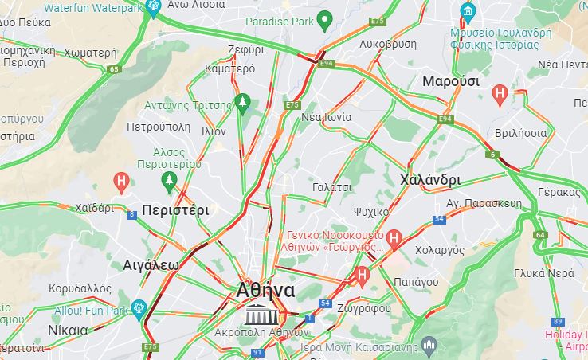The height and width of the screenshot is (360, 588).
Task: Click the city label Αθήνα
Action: pyautogui.click(x=266, y=291)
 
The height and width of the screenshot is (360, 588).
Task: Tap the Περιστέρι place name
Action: pyautogui.click(x=175, y=211)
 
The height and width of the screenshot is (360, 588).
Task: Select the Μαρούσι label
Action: pyautogui.click(x=451, y=81)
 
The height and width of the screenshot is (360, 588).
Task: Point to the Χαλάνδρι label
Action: pyautogui.click(x=431, y=179)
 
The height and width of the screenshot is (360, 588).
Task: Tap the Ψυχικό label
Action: pyautogui.click(x=370, y=212)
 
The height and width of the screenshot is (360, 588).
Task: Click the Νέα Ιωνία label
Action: pyautogui.click(x=326, y=116)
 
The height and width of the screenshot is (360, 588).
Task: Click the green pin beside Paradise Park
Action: pyautogui.click(x=324, y=20)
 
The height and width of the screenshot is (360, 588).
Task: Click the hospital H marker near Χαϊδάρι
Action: pyautogui.click(x=121, y=182)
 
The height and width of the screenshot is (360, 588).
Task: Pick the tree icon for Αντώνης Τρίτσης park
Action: pyautogui.click(x=243, y=104)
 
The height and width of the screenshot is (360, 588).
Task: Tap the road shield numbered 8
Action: pyautogui.click(x=131, y=213)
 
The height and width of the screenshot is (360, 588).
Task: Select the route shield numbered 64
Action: pyautogui.click(x=541, y=235)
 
